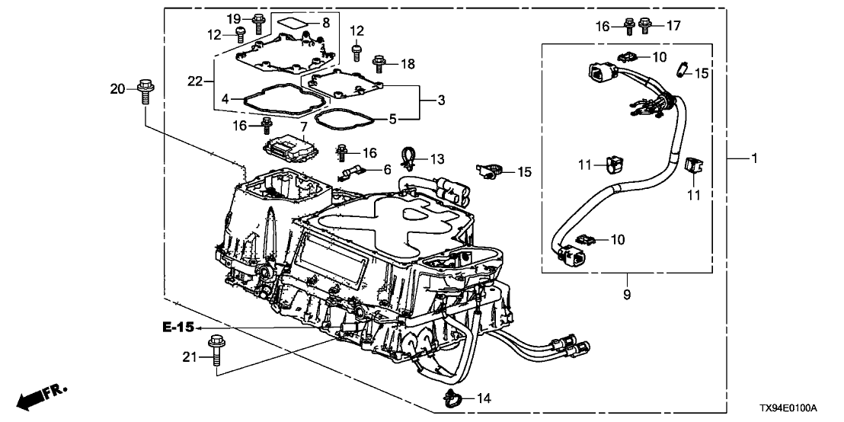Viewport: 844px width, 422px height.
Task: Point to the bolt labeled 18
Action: coord(377,62)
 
